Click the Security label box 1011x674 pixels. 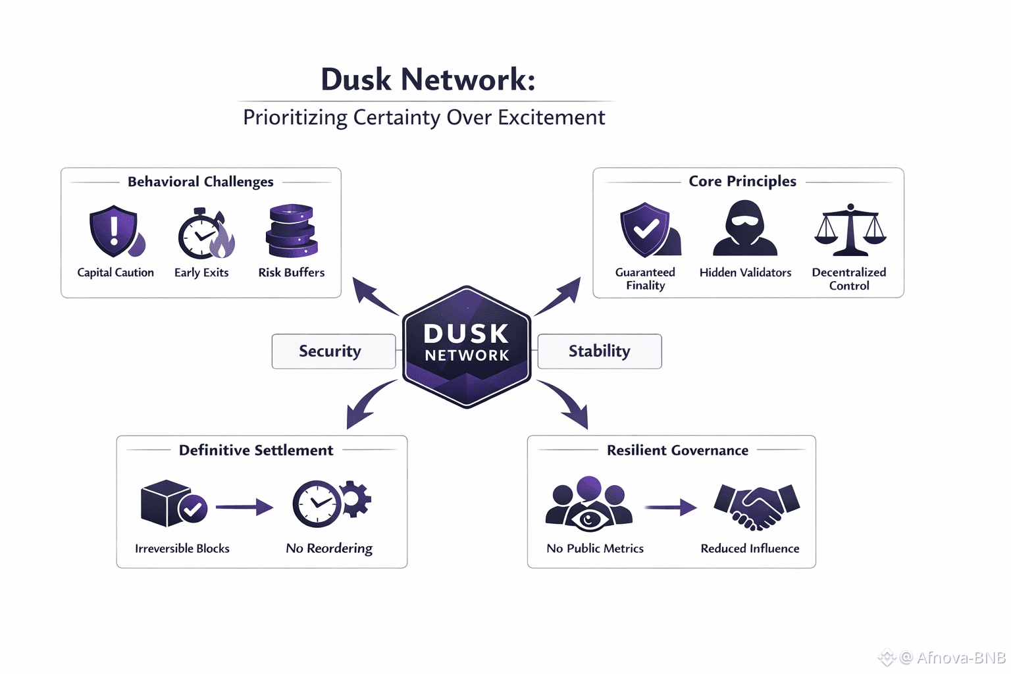334,351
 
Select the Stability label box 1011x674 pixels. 600,351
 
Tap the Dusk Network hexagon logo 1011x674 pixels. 467,346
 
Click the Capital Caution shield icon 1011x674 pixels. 115,232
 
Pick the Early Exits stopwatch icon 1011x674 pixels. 205,234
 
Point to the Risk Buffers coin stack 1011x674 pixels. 292,231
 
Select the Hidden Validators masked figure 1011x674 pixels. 745,228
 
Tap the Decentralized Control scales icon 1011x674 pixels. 850,230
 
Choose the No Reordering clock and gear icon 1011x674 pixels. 331,504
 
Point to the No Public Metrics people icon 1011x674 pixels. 589,504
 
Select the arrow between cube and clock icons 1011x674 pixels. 244,507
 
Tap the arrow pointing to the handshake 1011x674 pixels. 670,507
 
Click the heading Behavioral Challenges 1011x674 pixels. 200,182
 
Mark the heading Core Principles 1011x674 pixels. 742,181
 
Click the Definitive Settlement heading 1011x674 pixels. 256,450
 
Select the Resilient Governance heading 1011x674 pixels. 677,450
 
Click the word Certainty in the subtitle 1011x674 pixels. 396,117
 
